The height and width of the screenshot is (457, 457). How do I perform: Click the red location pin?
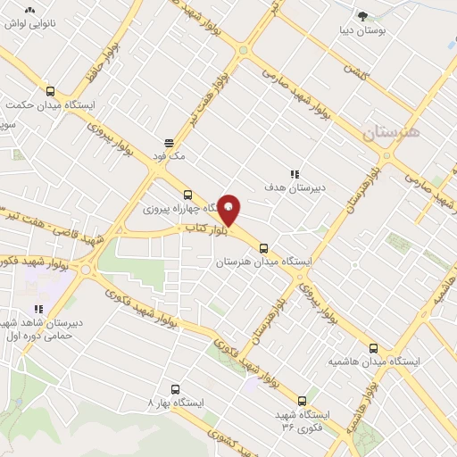229,210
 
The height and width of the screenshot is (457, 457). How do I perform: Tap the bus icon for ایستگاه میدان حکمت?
50,91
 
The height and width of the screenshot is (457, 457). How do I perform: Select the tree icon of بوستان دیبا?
362,16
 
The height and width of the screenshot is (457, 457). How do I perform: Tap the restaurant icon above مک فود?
168,142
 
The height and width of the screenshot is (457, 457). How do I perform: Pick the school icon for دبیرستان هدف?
295,174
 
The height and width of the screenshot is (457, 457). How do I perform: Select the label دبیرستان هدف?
293,187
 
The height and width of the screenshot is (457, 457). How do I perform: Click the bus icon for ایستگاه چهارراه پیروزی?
187,195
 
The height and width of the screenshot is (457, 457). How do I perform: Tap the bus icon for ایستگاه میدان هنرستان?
263,249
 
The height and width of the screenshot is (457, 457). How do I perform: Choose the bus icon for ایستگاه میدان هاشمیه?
373,348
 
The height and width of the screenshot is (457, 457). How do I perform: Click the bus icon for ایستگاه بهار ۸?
175,389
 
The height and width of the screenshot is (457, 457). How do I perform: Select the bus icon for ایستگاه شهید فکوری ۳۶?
302,401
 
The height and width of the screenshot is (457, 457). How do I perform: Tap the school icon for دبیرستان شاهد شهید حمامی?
38,309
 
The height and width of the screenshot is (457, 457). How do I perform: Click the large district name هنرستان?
395,135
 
